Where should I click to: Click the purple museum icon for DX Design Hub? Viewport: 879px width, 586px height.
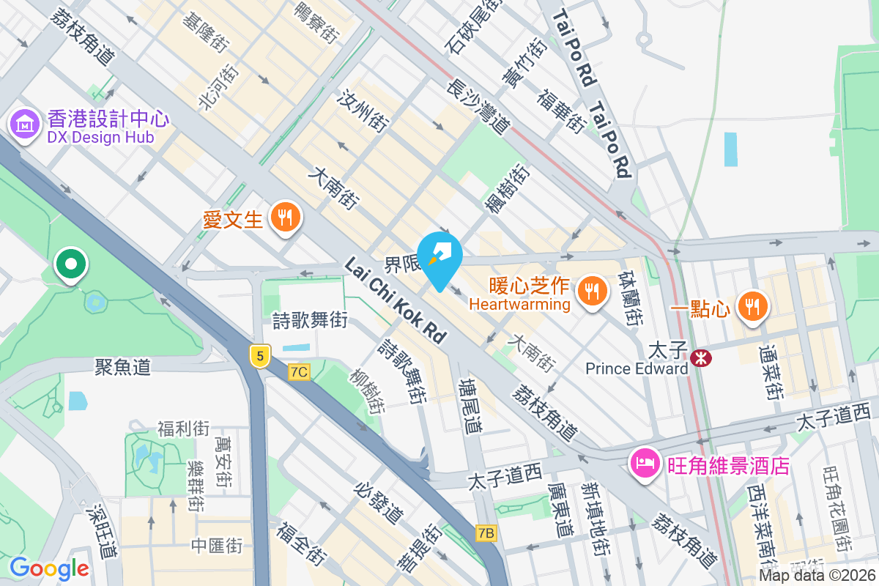[26, 125]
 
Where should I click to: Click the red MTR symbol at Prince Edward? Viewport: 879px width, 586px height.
[701, 358]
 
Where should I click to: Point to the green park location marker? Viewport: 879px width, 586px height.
[72, 264]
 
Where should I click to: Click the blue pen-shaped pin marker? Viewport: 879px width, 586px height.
[439, 257]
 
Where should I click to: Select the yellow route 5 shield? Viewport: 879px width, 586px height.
[259, 356]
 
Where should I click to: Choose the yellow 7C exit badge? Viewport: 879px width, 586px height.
[298, 371]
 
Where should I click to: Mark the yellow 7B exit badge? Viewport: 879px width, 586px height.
[485, 533]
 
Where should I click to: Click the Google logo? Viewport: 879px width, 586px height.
[49, 568]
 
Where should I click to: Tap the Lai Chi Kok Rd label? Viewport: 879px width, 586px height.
[396, 301]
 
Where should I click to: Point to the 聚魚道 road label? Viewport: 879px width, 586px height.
[123, 367]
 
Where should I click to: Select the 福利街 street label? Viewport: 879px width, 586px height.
[183, 429]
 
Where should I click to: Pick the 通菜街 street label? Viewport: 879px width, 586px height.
[771, 373]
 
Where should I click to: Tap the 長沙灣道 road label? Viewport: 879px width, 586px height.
[478, 108]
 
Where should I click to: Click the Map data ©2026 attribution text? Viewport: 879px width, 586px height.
[817, 576]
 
